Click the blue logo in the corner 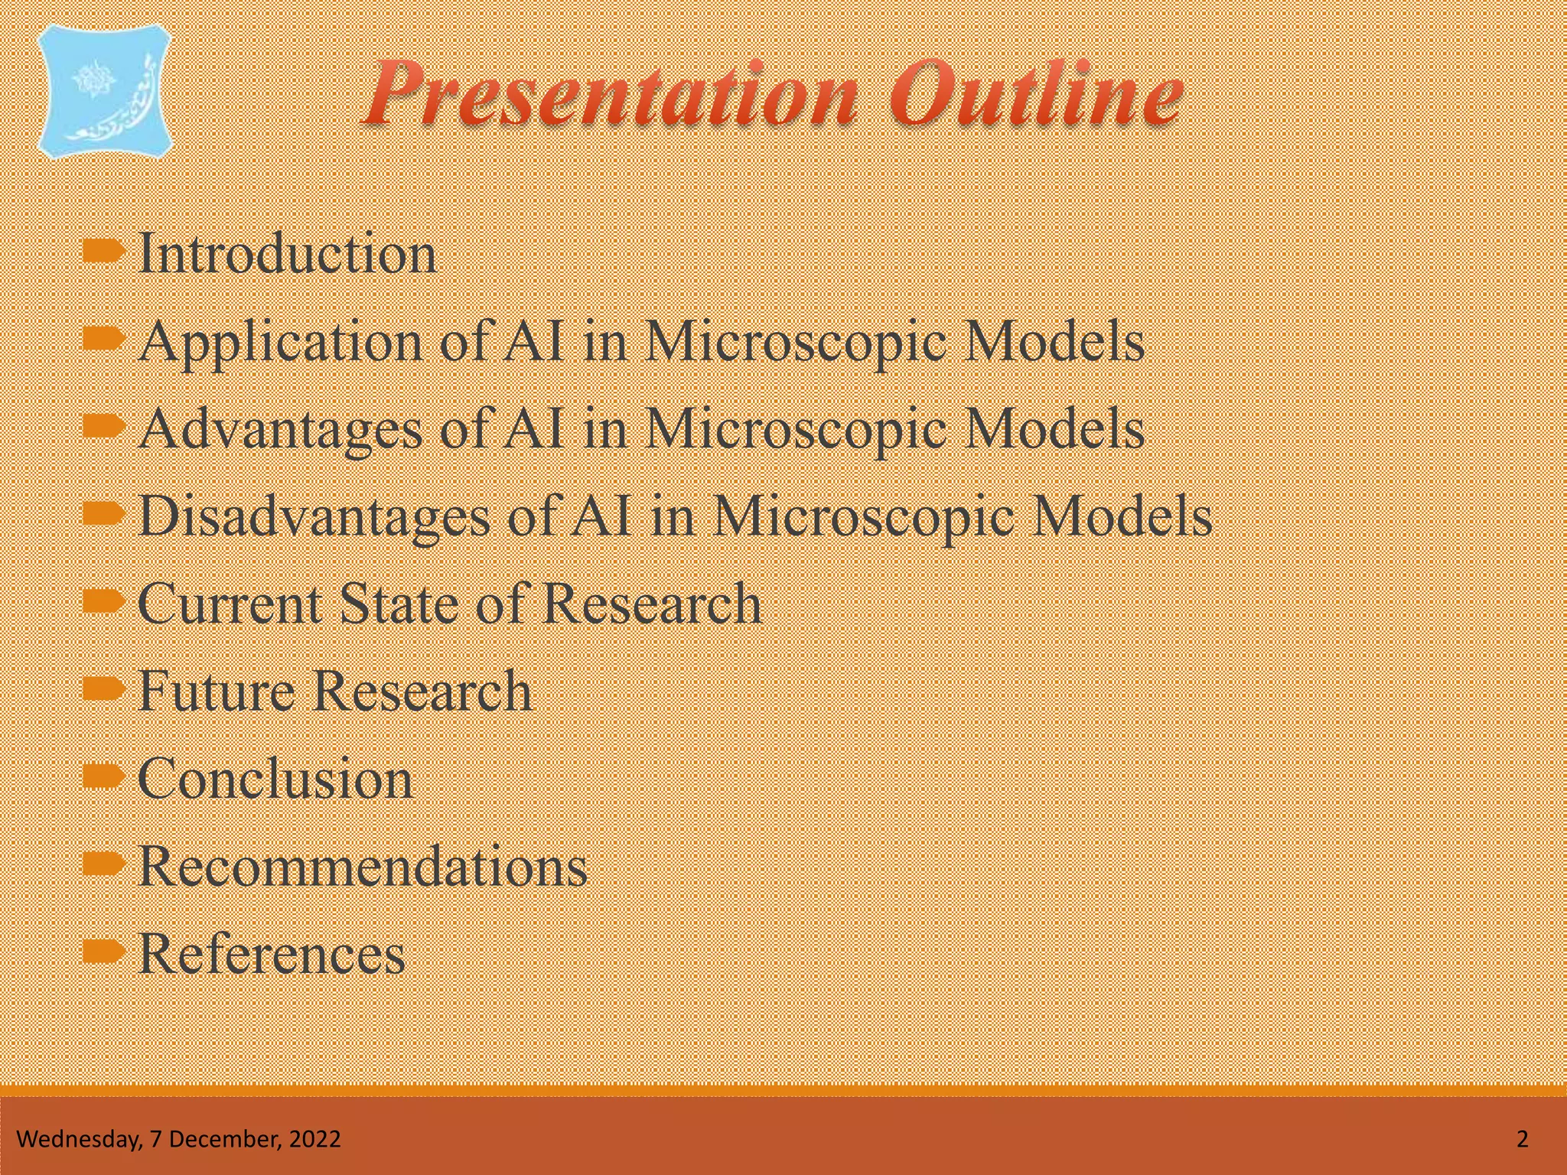(106, 92)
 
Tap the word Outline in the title (1036, 96)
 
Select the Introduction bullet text (287, 253)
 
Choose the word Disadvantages (314, 516)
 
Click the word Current (229, 604)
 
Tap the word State (398, 604)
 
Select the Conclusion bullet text (275, 779)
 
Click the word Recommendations (363, 867)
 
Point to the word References (272, 954)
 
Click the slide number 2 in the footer (1522, 1139)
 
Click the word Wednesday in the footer (77, 1139)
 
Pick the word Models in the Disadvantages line (1122, 516)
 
